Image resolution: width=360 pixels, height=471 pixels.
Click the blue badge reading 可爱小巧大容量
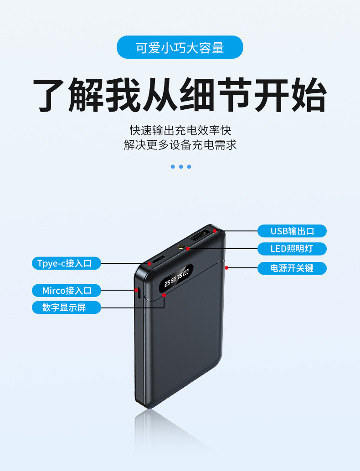click(x=180, y=47)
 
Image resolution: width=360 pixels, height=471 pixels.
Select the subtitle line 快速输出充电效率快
click(x=180, y=130)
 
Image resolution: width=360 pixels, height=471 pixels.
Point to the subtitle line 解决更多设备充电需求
click(x=180, y=145)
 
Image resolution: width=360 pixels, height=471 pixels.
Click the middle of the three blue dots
click(x=181, y=167)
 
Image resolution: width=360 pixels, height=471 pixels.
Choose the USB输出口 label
click(x=292, y=231)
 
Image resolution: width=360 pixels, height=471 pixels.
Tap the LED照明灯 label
click(x=292, y=249)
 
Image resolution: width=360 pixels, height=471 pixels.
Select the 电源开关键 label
click(x=292, y=268)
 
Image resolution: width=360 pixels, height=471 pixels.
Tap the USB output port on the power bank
click(x=201, y=236)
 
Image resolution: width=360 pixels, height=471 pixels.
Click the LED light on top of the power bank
click(x=182, y=247)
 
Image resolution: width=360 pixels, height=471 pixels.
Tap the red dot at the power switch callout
click(x=226, y=268)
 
